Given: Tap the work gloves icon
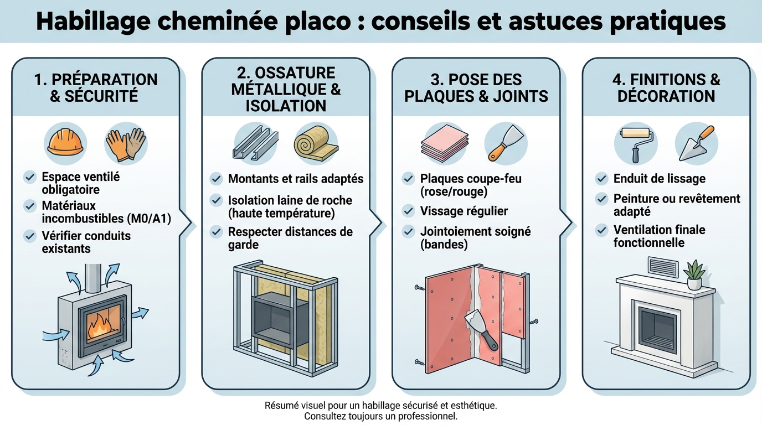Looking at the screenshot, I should (126, 144).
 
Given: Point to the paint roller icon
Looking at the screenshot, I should (636, 143).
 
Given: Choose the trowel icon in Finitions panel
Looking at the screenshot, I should (696, 144).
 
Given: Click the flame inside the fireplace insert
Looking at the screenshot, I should (100, 326).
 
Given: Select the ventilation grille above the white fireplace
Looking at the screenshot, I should (663, 267).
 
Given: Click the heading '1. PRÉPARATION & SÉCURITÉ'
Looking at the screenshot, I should (96, 87).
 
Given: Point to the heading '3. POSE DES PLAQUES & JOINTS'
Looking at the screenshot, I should (476, 87).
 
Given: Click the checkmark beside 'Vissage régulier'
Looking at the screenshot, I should (408, 211).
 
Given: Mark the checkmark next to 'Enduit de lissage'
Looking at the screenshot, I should (601, 179).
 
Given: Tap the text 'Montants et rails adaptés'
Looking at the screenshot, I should (296, 179).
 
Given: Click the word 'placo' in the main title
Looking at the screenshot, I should (318, 21).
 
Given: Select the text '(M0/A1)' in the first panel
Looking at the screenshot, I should (149, 219).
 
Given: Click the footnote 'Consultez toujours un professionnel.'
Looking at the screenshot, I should (381, 416).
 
